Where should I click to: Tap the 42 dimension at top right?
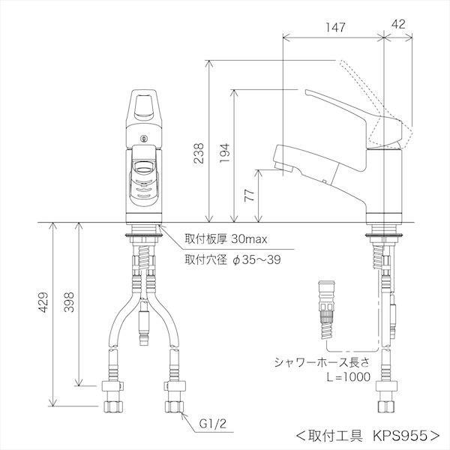399,27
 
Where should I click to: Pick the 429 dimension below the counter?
43,302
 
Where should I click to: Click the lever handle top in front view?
144,105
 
